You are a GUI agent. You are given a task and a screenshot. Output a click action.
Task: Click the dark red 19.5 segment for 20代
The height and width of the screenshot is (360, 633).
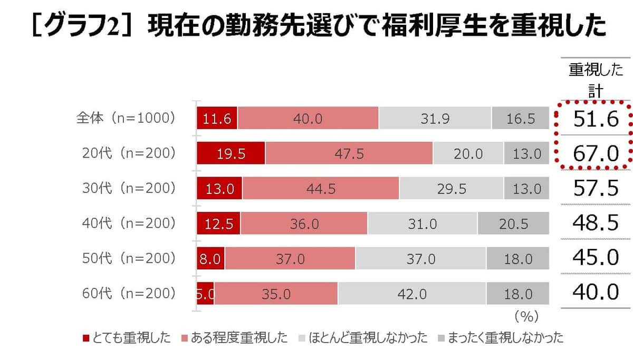pyautogui.click(x=231, y=154)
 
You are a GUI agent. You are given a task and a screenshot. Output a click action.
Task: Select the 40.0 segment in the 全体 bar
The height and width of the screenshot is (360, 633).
pyautogui.click(x=308, y=119)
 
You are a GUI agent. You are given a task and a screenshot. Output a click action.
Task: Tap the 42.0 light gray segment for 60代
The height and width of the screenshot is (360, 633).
pyautogui.click(x=412, y=294)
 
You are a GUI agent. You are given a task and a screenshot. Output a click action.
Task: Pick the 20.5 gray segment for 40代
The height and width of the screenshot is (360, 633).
pyautogui.click(x=513, y=224)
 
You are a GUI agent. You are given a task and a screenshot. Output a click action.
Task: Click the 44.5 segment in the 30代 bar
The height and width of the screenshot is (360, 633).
pyautogui.click(x=321, y=189)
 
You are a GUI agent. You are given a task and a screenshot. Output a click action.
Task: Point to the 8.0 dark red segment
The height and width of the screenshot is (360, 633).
pyautogui.click(x=210, y=259)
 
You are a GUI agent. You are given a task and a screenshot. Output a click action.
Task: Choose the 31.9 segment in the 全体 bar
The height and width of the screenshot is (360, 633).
pyautogui.click(x=435, y=119)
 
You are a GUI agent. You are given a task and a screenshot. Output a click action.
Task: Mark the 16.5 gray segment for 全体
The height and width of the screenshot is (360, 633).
pyautogui.click(x=520, y=119)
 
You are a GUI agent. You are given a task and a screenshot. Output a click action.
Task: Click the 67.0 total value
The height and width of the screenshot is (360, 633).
pyautogui.click(x=596, y=154)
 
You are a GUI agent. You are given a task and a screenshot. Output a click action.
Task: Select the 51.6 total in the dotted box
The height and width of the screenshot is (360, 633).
pyautogui.click(x=596, y=119)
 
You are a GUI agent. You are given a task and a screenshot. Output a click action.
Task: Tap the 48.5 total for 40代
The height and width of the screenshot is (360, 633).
pyautogui.click(x=596, y=223)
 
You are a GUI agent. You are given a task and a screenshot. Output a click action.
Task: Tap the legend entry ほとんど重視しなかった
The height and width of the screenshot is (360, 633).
pyautogui.click(x=363, y=338)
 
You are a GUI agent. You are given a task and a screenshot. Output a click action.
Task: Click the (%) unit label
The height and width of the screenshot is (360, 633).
pyautogui.click(x=526, y=316)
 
